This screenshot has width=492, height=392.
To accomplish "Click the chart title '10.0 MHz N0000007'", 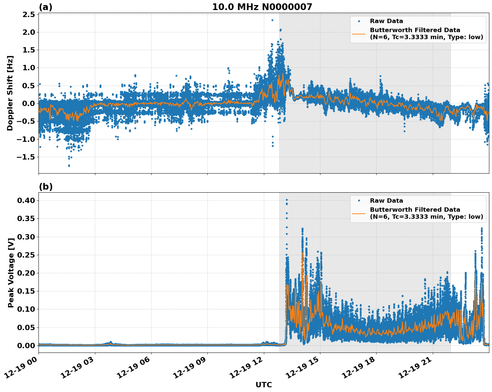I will point(262,7).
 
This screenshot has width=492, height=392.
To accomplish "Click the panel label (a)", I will point(45,7).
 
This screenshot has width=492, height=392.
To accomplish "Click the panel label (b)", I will point(45,187).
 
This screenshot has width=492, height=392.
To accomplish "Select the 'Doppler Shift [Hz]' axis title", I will point(10,93).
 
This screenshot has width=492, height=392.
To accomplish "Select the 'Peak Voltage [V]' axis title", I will point(11,273).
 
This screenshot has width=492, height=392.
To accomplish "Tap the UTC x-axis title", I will point(264,385).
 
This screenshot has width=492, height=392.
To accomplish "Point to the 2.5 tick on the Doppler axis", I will point(28,14).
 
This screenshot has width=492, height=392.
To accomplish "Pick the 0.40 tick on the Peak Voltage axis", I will point(26,200).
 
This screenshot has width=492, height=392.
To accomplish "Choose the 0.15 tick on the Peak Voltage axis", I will point(26,291).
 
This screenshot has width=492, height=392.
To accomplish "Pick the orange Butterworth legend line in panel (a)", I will point(359,34).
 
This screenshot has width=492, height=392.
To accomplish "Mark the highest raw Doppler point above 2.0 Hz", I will point(272,20).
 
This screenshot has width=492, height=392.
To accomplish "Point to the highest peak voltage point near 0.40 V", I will point(287,200).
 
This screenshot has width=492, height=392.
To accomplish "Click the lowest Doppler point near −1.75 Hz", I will point(69,166).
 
